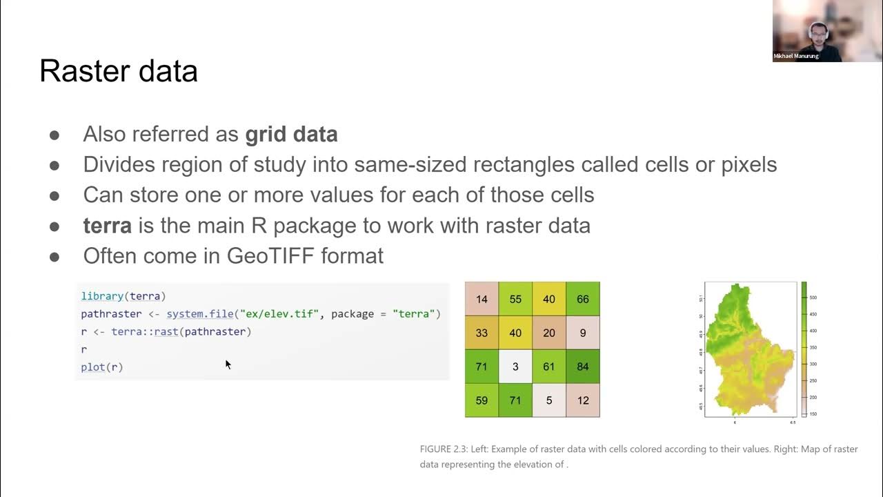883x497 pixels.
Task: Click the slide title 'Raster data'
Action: pos(118,71)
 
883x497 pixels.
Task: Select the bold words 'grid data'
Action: pos(291,134)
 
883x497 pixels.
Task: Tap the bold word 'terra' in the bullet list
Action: pos(107,225)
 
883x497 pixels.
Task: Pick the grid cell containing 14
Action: pos(482,300)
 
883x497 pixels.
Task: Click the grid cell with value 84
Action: pos(583,367)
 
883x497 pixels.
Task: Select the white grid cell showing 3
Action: pos(515,367)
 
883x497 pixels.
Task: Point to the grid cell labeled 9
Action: pos(583,333)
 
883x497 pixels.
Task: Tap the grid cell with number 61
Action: pos(549,367)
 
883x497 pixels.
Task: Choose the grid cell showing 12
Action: pos(583,400)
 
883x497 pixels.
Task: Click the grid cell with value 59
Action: pos(482,400)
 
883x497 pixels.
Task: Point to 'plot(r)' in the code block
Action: pos(102,367)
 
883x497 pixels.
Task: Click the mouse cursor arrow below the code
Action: pos(228,364)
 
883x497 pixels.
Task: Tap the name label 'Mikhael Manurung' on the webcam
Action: pos(796,56)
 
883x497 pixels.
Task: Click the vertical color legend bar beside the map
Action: pos(804,349)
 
